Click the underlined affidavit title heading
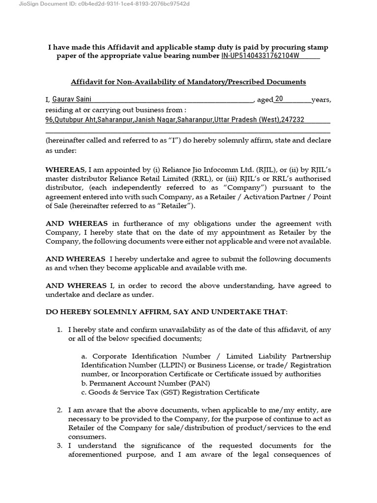pyautogui.click(x=188, y=82)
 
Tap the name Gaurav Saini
pyautogui.click(x=72, y=99)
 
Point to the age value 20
pyautogui.click(x=279, y=99)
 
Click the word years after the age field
pyautogui.click(x=321, y=100)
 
